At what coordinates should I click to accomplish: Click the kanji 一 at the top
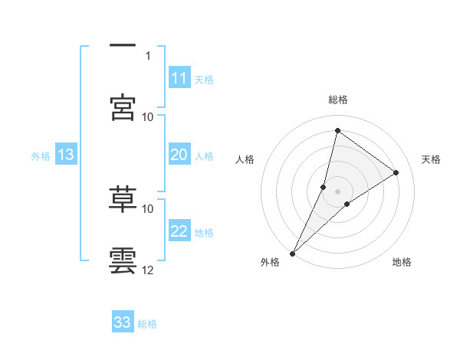pyautogui.click(x=123, y=47)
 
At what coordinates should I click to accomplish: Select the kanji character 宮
pyautogui.click(x=123, y=107)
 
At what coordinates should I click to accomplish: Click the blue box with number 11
pyautogui.click(x=179, y=78)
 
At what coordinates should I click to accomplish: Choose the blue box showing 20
pyautogui.click(x=179, y=155)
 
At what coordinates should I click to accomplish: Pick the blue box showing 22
pyautogui.click(x=179, y=232)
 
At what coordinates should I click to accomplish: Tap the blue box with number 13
pyautogui.click(x=66, y=155)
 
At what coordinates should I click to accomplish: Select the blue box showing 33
pyautogui.click(x=123, y=322)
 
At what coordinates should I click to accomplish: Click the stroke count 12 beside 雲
pyautogui.click(x=148, y=270)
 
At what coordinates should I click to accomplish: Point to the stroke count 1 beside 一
pyautogui.click(x=148, y=55)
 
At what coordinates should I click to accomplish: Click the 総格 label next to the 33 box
pyautogui.click(x=147, y=324)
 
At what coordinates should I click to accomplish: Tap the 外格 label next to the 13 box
pyautogui.click(x=41, y=156)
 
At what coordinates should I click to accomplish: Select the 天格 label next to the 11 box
pyautogui.click(x=204, y=80)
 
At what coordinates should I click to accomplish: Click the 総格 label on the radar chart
pyautogui.click(x=337, y=100)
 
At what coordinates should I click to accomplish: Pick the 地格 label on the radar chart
pyautogui.click(x=402, y=262)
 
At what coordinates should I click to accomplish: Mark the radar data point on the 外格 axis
pyautogui.click(x=292, y=253)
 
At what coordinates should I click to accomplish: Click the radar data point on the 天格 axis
pyautogui.click(x=396, y=172)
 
